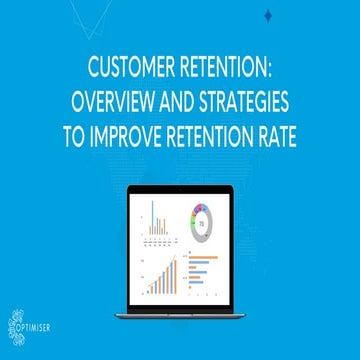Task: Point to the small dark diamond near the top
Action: (x=271, y=14)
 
